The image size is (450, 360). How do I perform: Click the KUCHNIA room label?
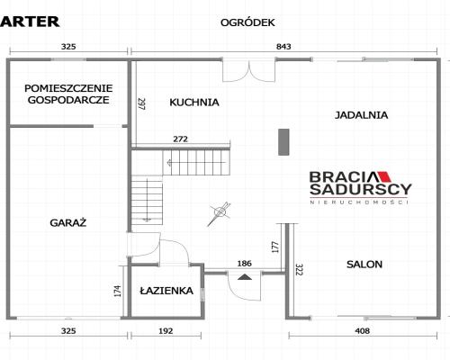point(194,103)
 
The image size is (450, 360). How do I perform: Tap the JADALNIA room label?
point(361,115)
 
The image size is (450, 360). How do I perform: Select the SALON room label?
point(364,265)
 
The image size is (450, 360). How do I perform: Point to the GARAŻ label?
point(68,223)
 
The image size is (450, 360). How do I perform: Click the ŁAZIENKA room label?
point(166,291)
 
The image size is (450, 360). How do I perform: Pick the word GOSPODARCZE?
point(68,100)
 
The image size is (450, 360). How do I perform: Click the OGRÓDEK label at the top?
point(247,22)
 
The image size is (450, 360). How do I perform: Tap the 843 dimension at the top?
point(283,47)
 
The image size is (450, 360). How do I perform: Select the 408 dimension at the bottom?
point(363,331)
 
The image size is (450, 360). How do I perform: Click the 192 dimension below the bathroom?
point(166,331)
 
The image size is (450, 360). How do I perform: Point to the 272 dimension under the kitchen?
point(181,139)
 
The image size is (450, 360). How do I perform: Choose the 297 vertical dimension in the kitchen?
point(141,104)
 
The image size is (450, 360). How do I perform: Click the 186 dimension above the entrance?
point(245,264)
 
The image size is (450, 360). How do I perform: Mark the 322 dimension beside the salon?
point(299,270)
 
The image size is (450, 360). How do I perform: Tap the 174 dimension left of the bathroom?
point(118,291)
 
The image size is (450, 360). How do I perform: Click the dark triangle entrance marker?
point(245,277)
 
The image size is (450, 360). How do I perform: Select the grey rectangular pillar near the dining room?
point(283,142)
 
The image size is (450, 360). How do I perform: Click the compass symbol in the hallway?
point(220,213)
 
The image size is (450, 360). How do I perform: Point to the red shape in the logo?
point(384,177)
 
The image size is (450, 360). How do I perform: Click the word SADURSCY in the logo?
point(361,189)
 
